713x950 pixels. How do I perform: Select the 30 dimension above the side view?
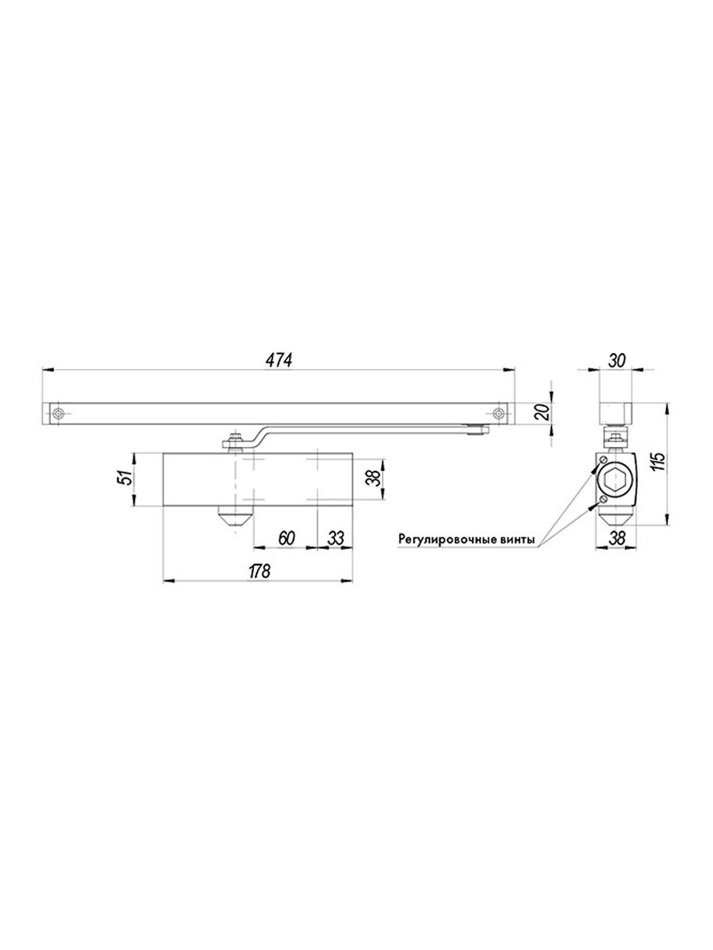click(x=616, y=360)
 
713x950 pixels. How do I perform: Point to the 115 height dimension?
click(x=659, y=463)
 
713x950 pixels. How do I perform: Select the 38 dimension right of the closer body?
click(x=375, y=478)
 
